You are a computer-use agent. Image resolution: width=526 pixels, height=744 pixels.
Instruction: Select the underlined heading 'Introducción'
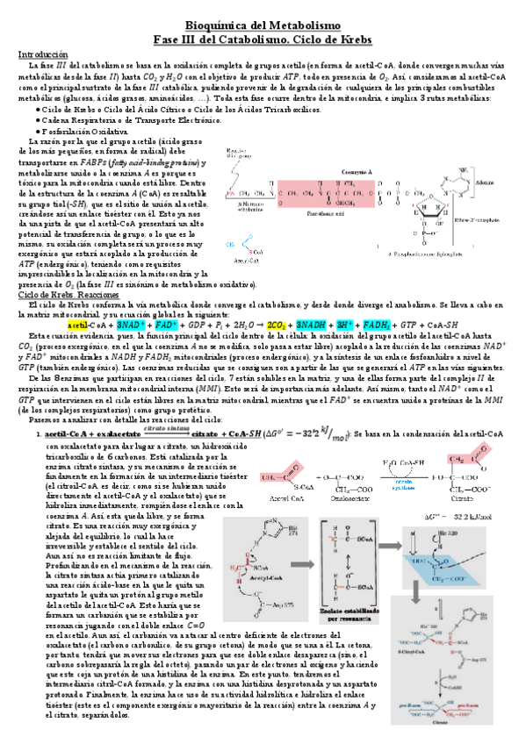click(43, 54)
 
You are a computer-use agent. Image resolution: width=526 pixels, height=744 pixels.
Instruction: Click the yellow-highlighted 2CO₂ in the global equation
click(276, 323)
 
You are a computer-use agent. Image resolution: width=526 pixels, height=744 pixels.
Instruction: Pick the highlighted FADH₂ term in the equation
click(380, 323)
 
